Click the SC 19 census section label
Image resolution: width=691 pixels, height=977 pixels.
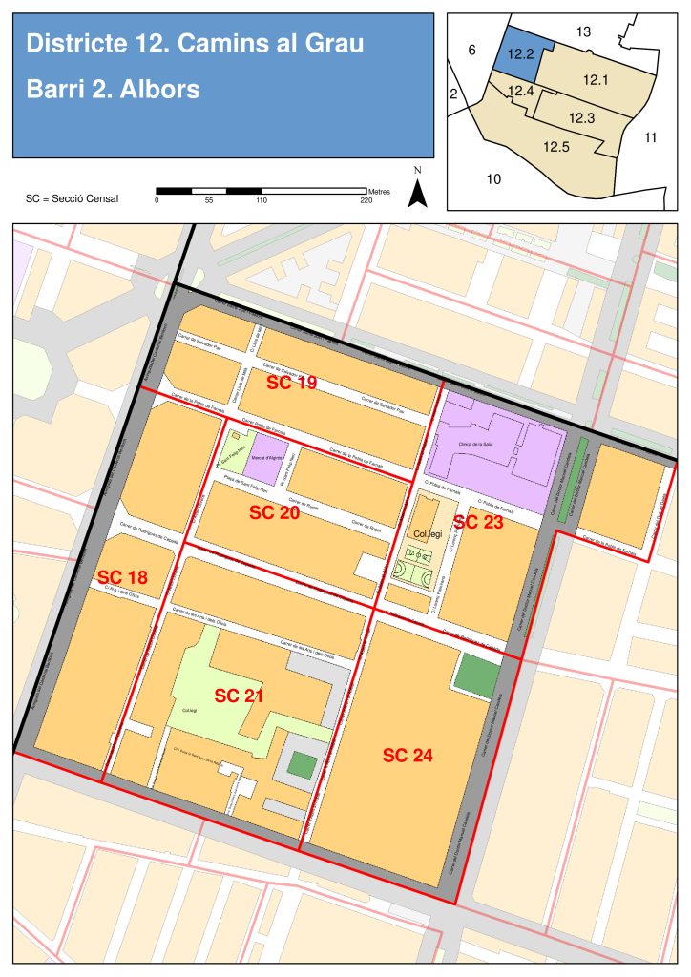click(292, 383)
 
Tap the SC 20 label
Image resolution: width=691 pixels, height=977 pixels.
click(275, 512)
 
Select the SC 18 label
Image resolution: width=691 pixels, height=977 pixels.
click(123, 577)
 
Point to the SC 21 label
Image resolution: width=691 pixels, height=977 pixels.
click(239, 696)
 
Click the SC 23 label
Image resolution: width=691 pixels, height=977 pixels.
click(478, 522)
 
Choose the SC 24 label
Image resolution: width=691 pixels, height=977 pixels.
click(408, 756)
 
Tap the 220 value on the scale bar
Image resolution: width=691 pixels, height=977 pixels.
click(366, 200)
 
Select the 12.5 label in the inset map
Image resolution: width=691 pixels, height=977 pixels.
click(556, 147)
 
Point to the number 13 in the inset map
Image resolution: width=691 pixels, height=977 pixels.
click(584, 32)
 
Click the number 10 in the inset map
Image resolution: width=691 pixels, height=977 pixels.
click(494, 178)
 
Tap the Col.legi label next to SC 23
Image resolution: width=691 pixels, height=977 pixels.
click(429, 534)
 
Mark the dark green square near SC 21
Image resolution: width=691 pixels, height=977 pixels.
click(303, 764)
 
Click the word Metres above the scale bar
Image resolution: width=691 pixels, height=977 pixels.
click(379, 191)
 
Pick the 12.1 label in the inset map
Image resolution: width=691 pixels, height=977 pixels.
click(593, 80)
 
